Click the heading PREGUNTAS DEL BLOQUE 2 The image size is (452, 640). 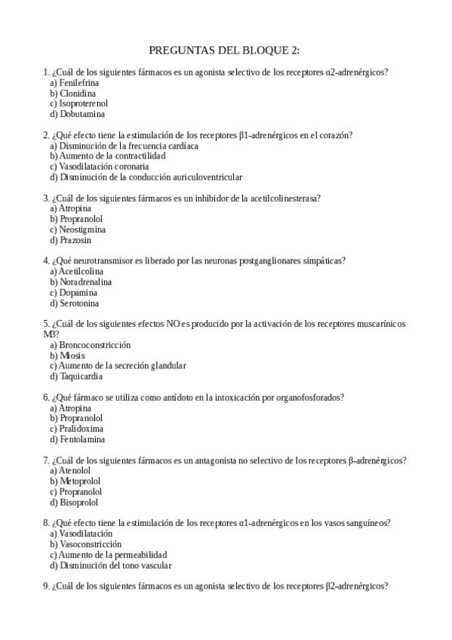click(225, 51)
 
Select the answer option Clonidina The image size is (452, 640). click(78, 93)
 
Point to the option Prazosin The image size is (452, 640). click(75, 240)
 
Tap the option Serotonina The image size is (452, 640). click(78, 303)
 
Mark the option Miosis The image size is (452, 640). click(72, 355)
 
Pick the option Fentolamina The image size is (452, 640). click(81, 439)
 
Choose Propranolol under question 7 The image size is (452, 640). click(80, 491)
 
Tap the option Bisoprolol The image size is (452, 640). click(78, 502)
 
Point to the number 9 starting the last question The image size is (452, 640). click(47, 586)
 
